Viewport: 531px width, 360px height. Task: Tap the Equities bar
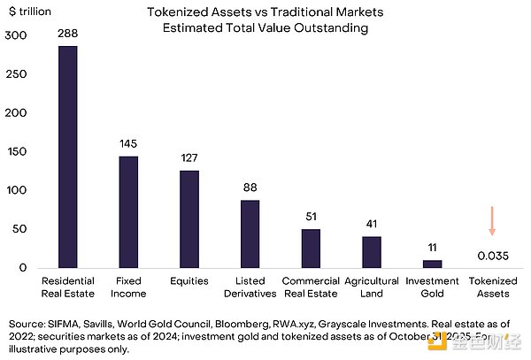(x=189, y=219)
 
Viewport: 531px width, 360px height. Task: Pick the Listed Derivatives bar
(x=250, y=234)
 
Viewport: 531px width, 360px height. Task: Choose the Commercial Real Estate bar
(x=311, y=249)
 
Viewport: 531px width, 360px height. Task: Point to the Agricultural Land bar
(x=372, y=252)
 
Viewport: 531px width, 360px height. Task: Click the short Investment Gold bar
(x=432, y=264)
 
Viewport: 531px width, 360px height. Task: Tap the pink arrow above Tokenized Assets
(x=492, y=220)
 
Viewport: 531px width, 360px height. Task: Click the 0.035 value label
(x=492, y=256)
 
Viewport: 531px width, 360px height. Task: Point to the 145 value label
(x=128, y=144)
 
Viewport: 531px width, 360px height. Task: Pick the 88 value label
(x=250, y=187)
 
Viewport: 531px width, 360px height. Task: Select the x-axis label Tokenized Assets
(x=492, y=287)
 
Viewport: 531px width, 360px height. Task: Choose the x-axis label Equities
(x=189, y=281)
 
